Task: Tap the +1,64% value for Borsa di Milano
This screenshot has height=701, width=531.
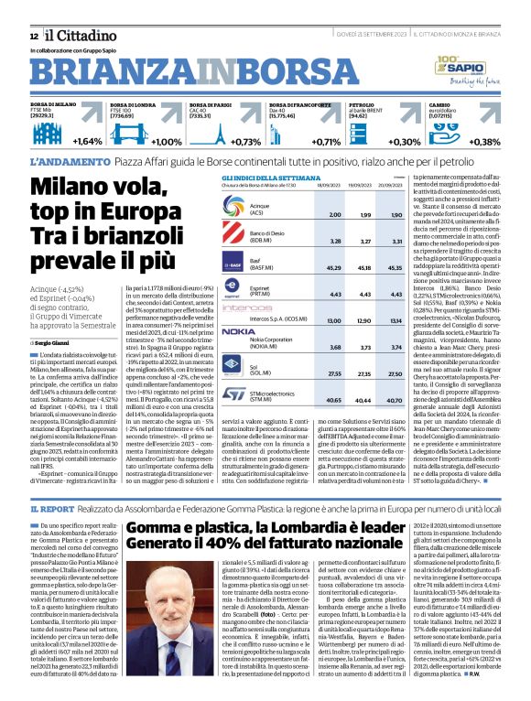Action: (88, 142)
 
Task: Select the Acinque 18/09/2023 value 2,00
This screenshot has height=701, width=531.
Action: (335, 214)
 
